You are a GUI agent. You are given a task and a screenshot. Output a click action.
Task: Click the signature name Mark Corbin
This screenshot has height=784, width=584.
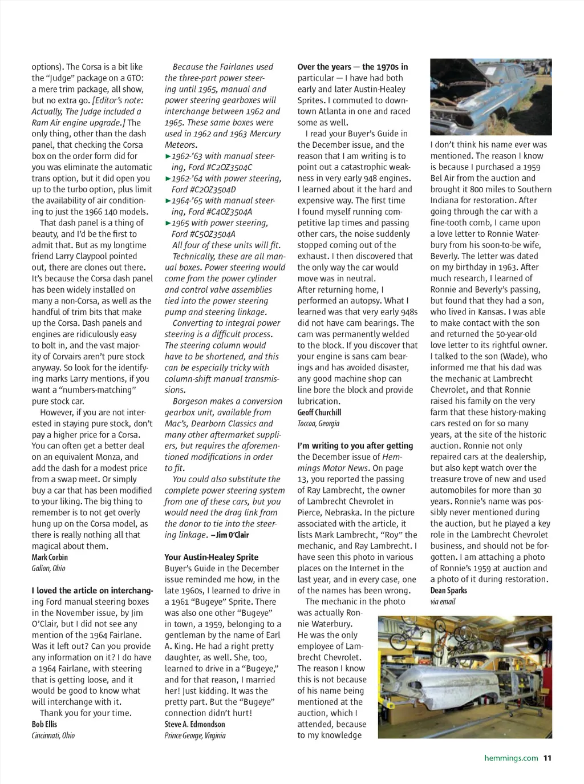coord(50,557)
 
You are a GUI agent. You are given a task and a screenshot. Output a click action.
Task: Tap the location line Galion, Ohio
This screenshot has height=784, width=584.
coord(48,568)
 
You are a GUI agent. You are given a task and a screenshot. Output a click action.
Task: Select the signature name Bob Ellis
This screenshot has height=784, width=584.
coord(44,724)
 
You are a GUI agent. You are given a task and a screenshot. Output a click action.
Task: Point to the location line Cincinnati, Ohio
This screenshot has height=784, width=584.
coord(53,735)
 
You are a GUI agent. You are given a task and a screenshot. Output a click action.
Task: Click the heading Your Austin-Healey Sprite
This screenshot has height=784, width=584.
coord(211,557)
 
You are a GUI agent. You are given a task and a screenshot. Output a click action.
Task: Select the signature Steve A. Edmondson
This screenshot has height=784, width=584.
coord(194,724)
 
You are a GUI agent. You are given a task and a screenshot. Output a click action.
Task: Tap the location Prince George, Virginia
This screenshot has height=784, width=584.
coord(195,735)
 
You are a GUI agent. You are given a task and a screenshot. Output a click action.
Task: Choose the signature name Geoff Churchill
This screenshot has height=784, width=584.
coord(319,412)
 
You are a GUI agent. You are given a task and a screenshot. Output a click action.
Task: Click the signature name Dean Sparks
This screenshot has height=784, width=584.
coord(448,591)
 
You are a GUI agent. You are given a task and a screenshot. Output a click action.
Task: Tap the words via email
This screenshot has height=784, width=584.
coord(443,601)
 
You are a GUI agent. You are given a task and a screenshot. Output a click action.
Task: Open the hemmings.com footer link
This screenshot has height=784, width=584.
coord(511,758)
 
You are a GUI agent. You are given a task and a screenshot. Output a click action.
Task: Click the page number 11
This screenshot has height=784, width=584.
coord(547,758)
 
